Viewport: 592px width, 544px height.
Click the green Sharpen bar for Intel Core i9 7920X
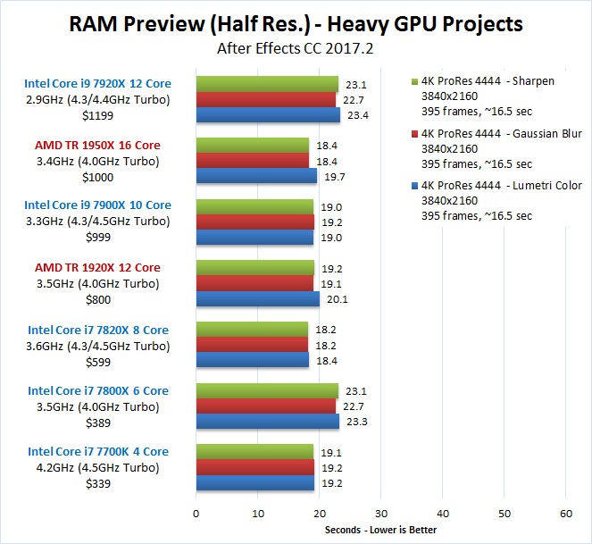267,85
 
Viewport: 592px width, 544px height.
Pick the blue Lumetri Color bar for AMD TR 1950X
256,177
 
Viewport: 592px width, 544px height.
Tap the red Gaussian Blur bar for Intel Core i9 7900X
254,222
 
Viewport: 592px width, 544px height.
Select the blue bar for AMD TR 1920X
257,299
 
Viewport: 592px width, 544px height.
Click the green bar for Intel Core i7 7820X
252,330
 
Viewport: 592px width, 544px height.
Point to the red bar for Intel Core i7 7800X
265,406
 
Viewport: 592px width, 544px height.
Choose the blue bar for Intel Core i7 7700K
254,483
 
